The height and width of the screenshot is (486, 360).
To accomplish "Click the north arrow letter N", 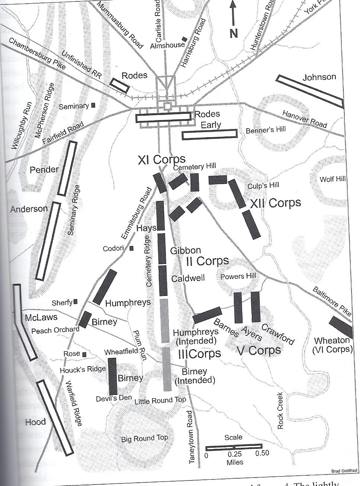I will coord(233,34).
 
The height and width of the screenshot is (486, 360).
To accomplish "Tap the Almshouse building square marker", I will coord(184,39).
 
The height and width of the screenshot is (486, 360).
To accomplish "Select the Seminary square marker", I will coord(93,105).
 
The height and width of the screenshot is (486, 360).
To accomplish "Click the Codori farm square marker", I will coord(131,248).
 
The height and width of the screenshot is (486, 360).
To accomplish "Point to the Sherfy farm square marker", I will coord(75,302).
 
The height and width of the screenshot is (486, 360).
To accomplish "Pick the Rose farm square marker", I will coord(85,354).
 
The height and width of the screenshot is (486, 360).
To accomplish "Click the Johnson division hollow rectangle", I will coord(310,91).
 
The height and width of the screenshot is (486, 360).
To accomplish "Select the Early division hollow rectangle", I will coord(210,134).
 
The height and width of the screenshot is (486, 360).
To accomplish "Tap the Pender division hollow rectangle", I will coord(67,168).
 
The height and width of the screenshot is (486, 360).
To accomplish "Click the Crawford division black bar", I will coord(255,307).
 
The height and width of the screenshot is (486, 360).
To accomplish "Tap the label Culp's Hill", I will coord(263,185).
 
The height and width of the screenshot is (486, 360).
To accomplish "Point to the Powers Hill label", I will coord(238,276).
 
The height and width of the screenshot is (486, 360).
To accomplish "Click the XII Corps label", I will coord(275,203).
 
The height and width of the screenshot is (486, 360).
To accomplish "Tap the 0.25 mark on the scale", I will coord(234,454).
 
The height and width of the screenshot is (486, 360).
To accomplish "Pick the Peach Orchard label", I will coord(55,330).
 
